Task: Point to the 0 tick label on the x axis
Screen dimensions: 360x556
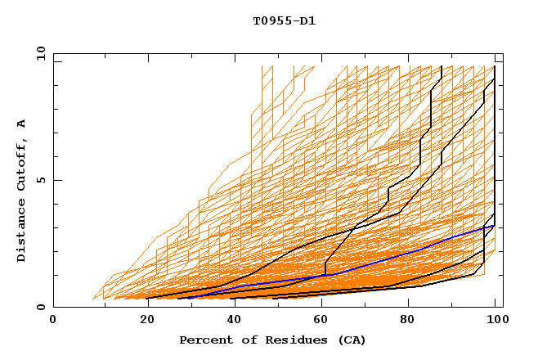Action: (53, 321)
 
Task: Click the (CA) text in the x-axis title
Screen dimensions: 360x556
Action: (349, 340)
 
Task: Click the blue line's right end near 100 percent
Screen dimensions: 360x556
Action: (494, 226)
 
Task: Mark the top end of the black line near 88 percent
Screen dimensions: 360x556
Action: (442, 66)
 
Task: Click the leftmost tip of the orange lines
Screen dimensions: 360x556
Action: (93, 299)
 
